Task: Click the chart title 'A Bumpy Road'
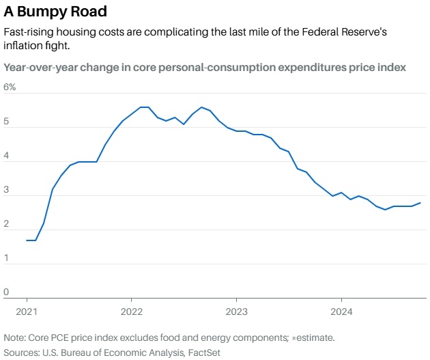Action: [55, 12]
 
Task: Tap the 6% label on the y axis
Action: [10, 87]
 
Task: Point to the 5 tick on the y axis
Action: [6, 122]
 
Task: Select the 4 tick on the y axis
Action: [6, 156]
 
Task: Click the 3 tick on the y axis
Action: [6, 190]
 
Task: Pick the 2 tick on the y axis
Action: [6, 224]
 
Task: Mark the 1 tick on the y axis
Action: [6, 258]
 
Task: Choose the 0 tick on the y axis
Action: [6, 292]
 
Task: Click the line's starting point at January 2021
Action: [27, 240]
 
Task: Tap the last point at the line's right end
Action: [420, 203]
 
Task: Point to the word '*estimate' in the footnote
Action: [311, 337]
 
